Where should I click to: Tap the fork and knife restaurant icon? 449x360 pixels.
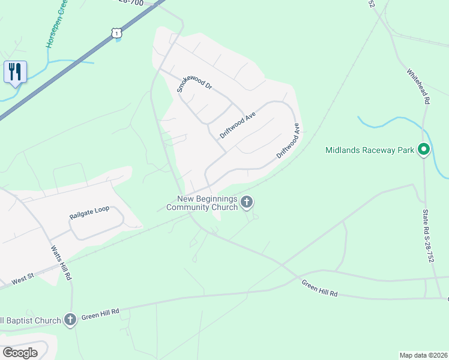[x=15, y=71]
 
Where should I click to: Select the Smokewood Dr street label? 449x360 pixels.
[x=194, y=85]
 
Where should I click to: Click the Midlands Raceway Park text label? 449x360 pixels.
[x=370, y=149]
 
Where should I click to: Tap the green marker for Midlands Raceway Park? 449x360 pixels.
[x=424, y=149]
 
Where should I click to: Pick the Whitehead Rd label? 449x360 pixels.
[x=418, y=87]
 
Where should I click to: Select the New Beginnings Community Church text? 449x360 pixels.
[x=203, y=203]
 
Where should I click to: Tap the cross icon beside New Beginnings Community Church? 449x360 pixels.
[x=246, y=203]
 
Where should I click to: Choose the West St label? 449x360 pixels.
[x=23, y=280]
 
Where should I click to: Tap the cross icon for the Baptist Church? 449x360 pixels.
[x=70, y=320]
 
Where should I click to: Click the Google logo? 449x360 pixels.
[x=20, y=353]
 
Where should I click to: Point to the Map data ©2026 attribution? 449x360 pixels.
[x=423, y=355]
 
